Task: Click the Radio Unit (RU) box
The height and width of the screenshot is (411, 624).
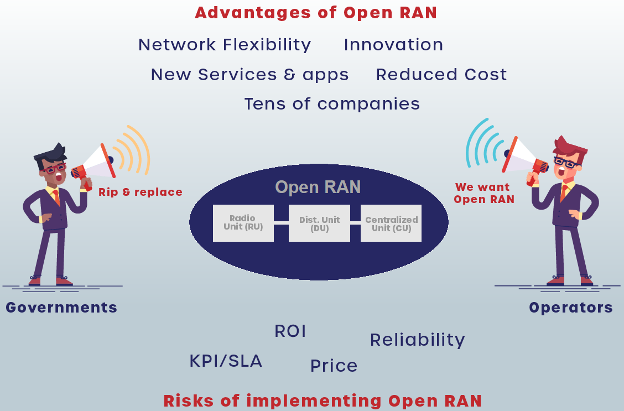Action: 243,223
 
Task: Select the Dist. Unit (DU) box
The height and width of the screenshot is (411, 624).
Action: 319,223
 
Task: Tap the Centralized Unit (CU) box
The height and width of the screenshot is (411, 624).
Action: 391,223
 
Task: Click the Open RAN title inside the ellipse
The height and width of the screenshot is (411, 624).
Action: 318,187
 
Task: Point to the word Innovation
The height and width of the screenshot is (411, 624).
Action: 393,45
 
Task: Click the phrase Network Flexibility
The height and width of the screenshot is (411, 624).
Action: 225,45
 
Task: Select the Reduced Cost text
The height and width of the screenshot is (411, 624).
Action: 441,75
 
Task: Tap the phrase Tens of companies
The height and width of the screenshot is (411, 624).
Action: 332,104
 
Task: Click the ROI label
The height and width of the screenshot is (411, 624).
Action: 290,331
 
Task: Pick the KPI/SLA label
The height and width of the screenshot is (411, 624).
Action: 226,361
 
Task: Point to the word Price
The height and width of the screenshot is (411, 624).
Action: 334,366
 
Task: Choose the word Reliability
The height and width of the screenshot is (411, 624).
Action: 418,340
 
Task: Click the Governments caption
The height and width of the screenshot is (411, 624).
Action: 61,308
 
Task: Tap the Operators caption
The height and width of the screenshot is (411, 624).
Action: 571,308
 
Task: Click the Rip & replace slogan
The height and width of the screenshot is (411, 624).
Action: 141,192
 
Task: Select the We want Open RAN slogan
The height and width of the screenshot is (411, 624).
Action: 484,193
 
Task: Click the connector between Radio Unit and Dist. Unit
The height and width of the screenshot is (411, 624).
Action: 281,223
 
